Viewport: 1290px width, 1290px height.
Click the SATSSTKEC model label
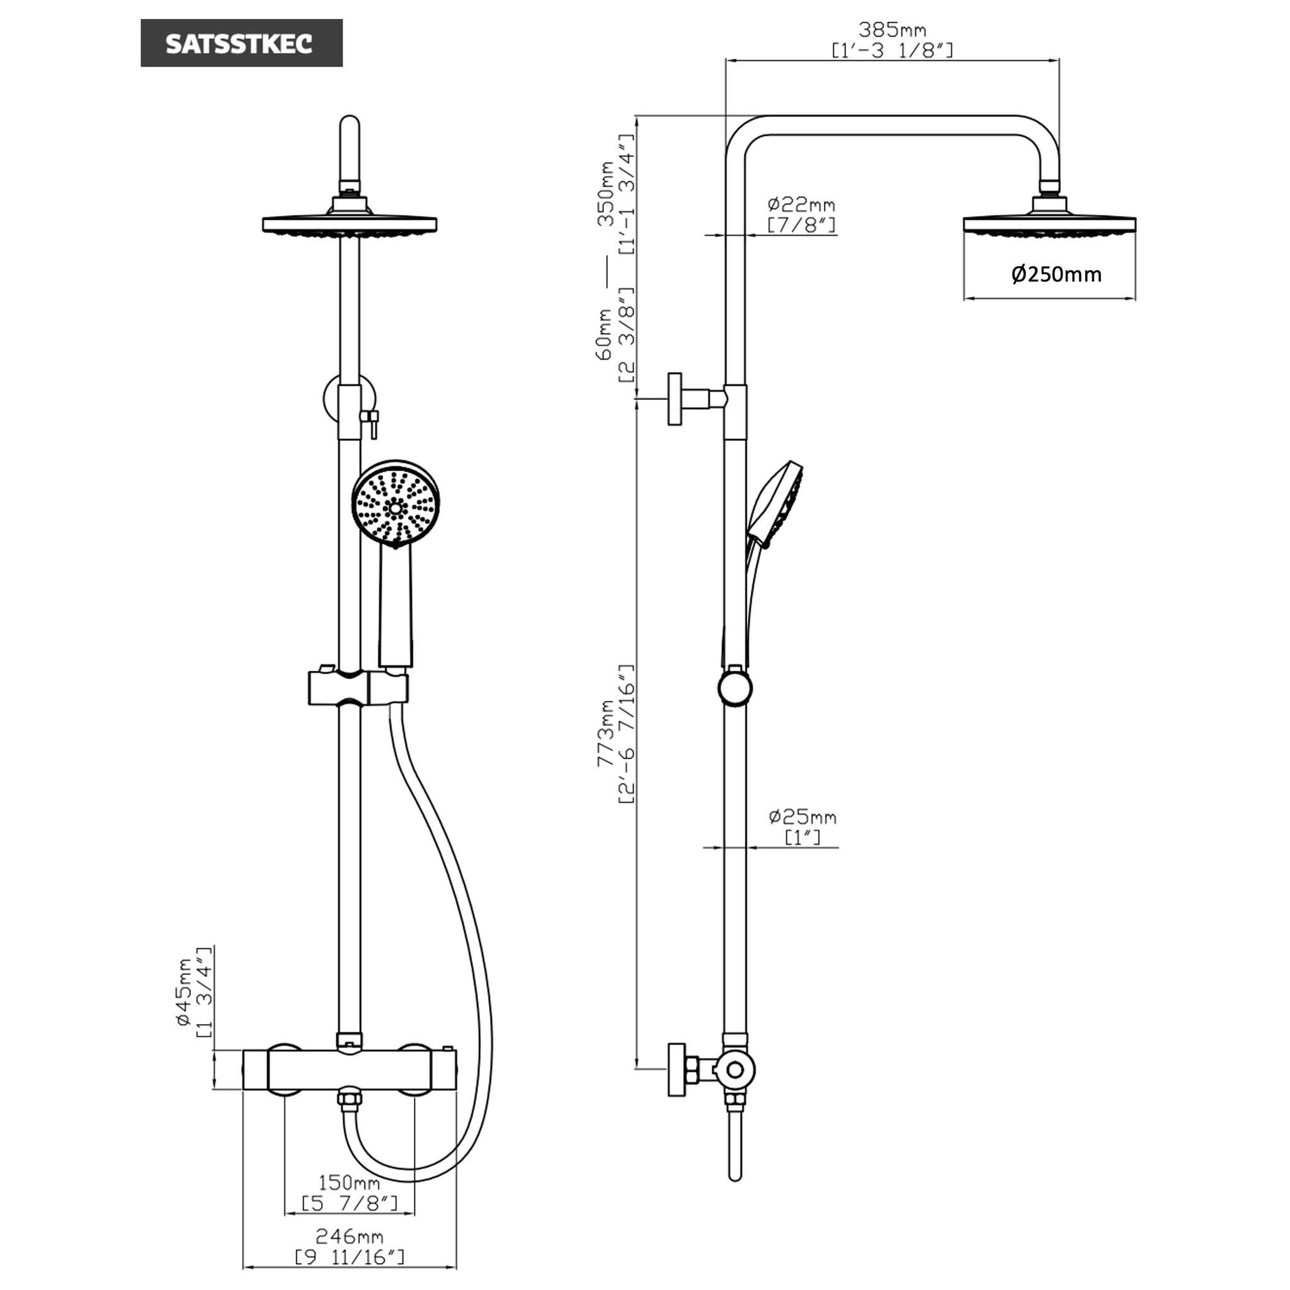[241, 43]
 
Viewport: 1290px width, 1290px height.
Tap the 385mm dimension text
[892, 30]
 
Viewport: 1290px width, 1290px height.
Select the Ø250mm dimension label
[1056, 274]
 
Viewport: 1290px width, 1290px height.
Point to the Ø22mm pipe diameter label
[801, 203]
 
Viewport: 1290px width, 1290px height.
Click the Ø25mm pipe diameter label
[802, 816]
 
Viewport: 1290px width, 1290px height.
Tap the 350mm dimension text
[607, 193]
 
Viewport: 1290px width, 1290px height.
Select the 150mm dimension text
[349, 1182]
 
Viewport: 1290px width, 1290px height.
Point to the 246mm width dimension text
[349, 1236]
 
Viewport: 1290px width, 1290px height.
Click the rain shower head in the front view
[349, 224]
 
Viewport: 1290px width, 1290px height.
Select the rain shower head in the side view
[1049, 224]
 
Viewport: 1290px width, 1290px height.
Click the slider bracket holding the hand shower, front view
[357, 688]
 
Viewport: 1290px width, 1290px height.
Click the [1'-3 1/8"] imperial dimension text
[892, 51]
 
